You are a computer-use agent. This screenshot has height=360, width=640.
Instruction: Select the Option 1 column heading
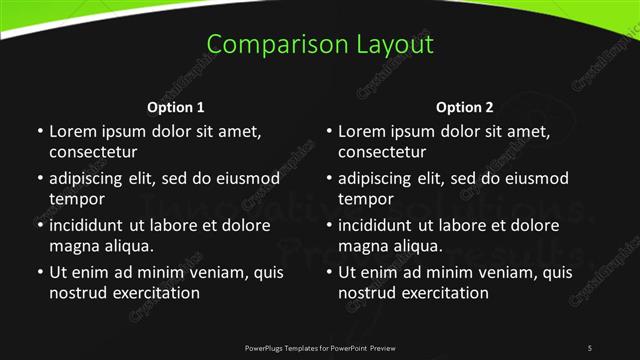[176, 107]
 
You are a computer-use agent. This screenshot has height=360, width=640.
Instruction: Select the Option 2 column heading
[465, 107]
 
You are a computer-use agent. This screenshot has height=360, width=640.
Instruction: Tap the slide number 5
[590, 347]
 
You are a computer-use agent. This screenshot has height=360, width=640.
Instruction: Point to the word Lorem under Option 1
[72, 131]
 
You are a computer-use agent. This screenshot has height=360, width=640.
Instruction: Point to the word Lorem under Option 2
[362, 131]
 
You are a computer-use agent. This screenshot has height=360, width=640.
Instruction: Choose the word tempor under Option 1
[76, 199]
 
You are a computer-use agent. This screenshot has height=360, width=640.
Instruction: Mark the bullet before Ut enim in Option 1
[39, 272]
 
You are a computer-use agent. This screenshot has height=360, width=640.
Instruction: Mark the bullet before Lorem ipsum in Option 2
[329, 131]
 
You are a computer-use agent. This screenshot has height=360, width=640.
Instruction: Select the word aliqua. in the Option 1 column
[124, 246]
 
